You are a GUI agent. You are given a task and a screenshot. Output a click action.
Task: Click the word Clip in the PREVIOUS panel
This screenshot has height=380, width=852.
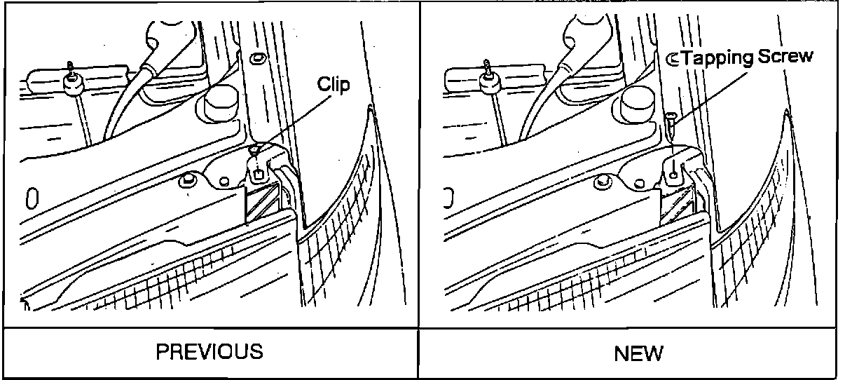point(334,85)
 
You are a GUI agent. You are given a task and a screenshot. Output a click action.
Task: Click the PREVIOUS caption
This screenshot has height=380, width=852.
point(209,351)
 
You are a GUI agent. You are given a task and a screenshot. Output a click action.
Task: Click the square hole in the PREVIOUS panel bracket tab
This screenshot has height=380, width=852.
point(258,172)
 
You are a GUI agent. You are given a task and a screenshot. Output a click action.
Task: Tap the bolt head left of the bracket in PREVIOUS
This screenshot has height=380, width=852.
point(186,182)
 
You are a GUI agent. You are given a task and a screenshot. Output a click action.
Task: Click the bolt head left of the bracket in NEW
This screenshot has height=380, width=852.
point(601,183)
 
